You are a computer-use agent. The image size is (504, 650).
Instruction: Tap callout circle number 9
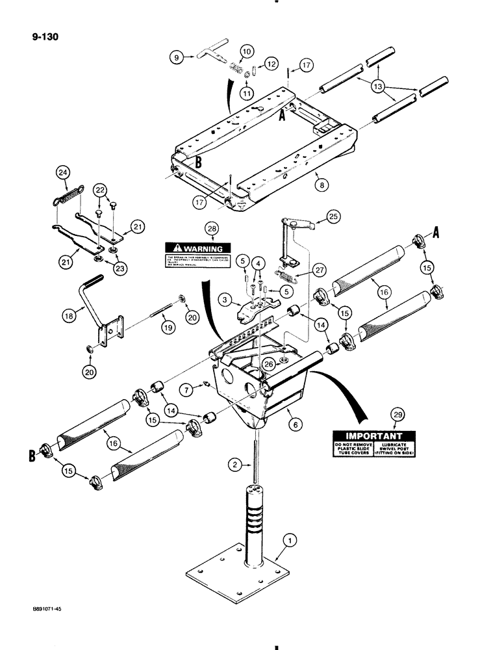click(175, 58)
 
